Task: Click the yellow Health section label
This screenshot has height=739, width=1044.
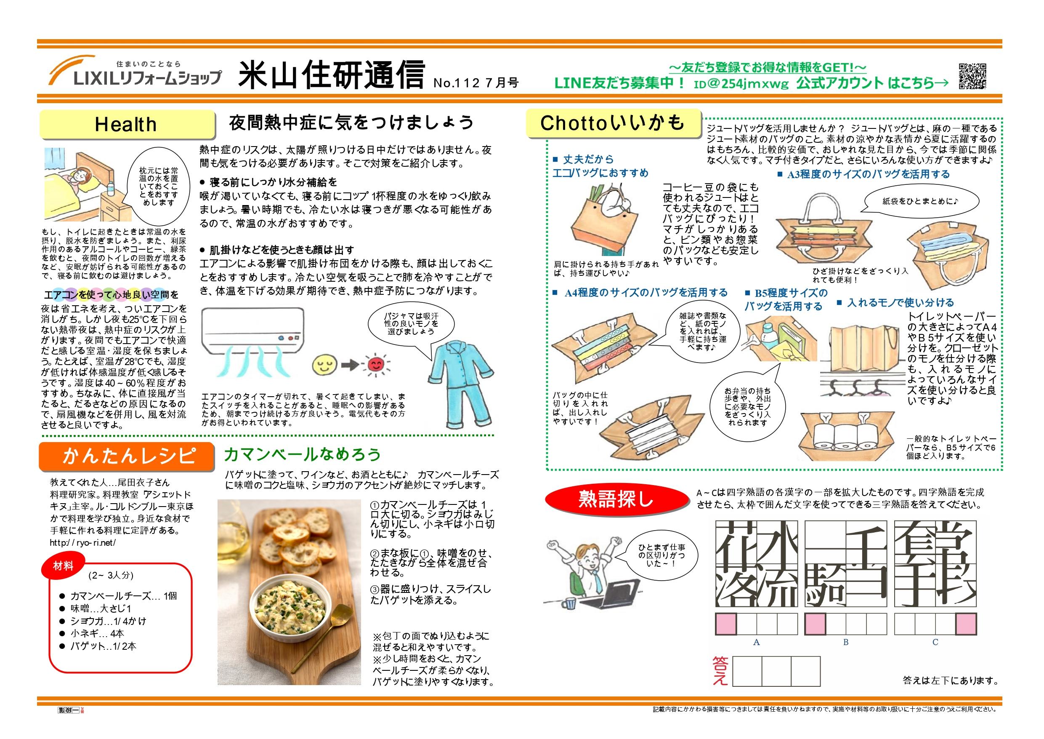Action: [x=126, y=124]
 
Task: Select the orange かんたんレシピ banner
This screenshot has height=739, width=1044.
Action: [x=126, y=456]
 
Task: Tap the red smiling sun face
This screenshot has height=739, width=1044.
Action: [x=375, y=365]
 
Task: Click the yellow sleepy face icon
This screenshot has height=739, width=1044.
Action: [x=323, y=365]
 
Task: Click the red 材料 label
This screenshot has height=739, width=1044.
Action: [x=63, y=566]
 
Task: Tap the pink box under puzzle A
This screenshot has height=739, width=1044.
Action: [x=726, y=624]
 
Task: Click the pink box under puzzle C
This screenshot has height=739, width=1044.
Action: [x=966, y=624]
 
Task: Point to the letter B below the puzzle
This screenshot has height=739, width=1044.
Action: [x=846, y=642]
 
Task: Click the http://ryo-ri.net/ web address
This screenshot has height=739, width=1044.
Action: [x=83, y=542]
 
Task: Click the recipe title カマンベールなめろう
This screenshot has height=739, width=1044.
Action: [x=303, y=454]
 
